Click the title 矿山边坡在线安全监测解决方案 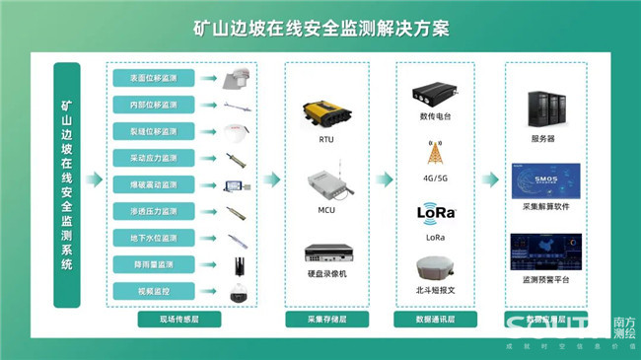coord(321,27)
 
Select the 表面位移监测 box coord(146,78)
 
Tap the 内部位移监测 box coord(146,105)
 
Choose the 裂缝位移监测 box coord(146,131)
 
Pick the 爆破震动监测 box coord(146,184)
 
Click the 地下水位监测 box coord(146,238)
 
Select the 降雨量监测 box coord(146,264)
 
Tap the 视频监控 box coord(146,291)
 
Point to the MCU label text coord(326,211)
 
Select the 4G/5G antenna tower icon coord(434,155)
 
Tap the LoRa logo coord(434,212)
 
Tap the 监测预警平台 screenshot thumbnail coord(543,252)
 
